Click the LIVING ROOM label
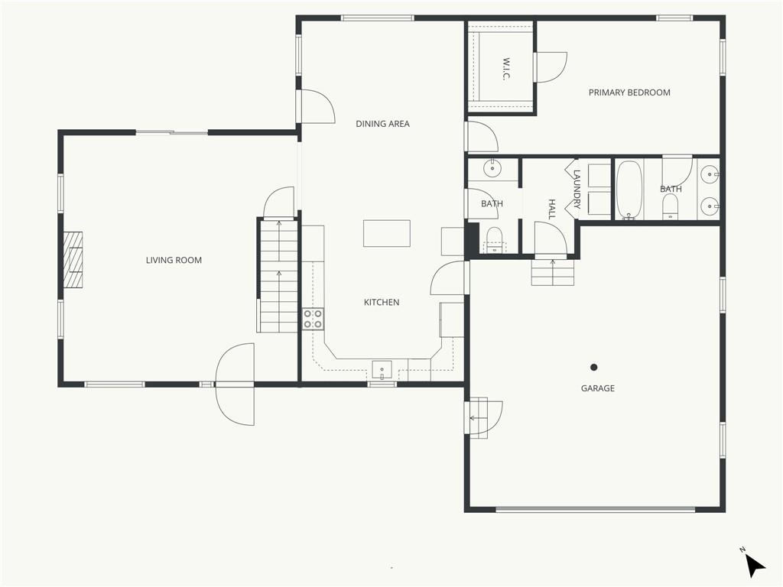[x=174, y=260]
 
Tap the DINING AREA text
[x=382, y=124]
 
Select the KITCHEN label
[x=382, y=302]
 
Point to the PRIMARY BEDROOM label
[x=629, y=92]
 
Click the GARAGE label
[x=598, y=388]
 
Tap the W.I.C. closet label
[x=505, y=69]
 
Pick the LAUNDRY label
[x=577, y=190]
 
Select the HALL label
[x=552, y=209]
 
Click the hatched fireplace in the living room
[x=73, y=259]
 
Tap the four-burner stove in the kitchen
[x=313, y=319]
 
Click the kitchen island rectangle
[x=386, y=233]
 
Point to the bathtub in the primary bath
[x=629, y=190]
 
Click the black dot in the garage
[x=593, y=368]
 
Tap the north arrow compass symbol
[x=754, y=565]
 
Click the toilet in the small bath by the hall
[x=495, y=240]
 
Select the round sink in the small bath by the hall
[x=492, y=169]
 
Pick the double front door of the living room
[x=235, y=384]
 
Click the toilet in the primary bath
[x=671, y=206]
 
